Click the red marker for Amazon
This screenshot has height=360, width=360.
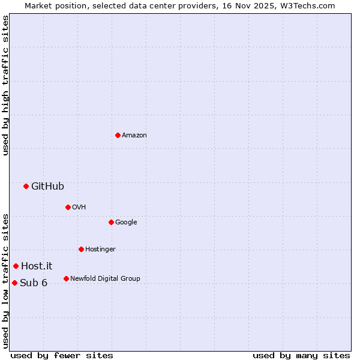click(x=118, y=135)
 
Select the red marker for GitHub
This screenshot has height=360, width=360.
click(x=26, y=186)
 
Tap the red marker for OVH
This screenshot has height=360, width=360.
click(x=68, y=207)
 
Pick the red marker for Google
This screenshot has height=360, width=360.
click(x=111, y=222)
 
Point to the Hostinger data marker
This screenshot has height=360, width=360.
click(x=81, y=249)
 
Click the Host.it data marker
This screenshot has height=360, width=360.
click(x=16, y=266)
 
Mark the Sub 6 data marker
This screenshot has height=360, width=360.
click(x=14, y=283)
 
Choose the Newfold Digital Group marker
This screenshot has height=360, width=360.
click(x=66, y=278)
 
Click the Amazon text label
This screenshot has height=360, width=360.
click(x=134, y=136)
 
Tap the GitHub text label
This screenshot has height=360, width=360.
click(x=47, y=187)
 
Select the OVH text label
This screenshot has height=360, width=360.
click(x=79, y=208)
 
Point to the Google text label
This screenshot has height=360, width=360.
click(x=126, y=223)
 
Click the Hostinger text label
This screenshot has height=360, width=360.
click(x=100, y=250)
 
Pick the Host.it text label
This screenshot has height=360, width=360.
click(x=37, y=266)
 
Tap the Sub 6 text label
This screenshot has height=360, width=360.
click(x=34, y=283)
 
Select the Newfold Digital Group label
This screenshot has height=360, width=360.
click(x=105, y=279)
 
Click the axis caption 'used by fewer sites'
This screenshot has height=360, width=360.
click(x=62, y=355)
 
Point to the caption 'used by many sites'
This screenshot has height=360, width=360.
click(x=301, y=355)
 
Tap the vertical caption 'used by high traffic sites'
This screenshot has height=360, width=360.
click(x=5, y=85)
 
